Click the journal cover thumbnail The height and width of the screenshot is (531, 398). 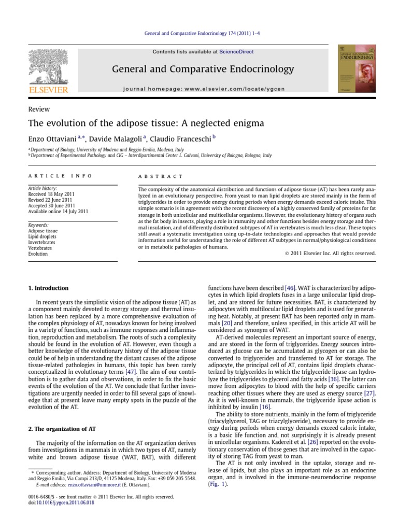pyautogui.click(x=357, y=68)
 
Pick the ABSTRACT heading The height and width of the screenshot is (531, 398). pyautogui.click(x=161, y=176)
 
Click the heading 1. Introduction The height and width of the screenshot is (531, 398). pyautogui.click(x=48, y=288)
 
